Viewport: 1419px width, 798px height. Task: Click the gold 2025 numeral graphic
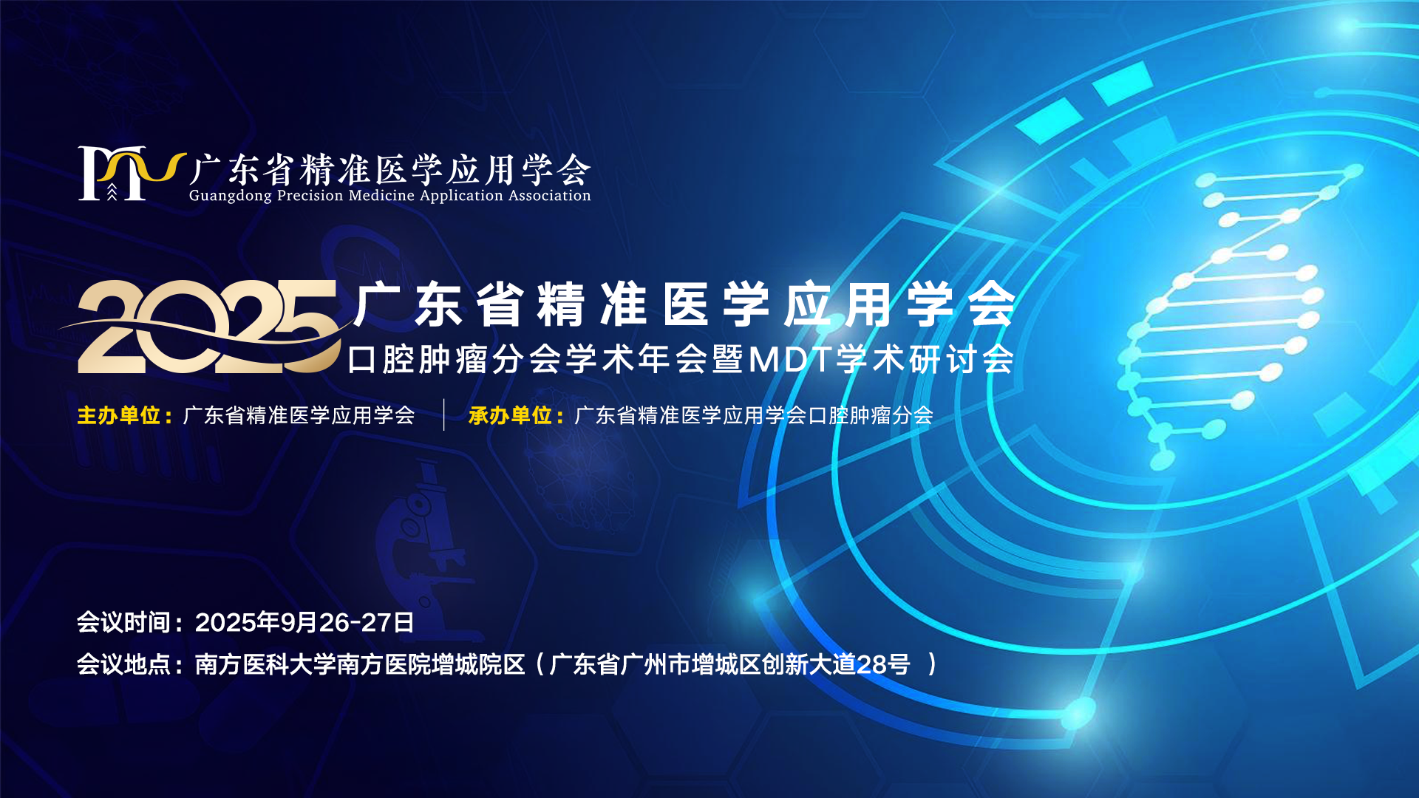207,327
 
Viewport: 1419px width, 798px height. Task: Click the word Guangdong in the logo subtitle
231,196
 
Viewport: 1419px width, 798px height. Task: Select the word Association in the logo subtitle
549,195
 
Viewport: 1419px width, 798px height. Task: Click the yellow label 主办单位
119,415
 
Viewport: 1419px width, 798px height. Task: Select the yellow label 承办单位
511,415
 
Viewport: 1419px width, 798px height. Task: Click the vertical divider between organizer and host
443,415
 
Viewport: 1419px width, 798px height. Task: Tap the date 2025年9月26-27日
304,622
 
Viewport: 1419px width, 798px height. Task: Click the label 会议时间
123,622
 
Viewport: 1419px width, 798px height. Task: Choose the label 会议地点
123,664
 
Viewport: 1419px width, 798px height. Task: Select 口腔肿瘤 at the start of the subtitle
418,360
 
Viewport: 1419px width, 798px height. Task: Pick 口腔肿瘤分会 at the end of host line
871,415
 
